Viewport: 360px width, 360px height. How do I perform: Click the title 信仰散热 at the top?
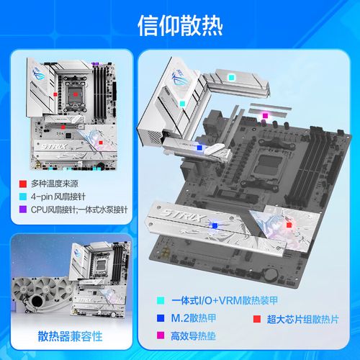click(x=180, y=25)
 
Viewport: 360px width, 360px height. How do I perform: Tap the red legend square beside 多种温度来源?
click(x=23, y=184)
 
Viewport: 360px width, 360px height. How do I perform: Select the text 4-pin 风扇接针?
click(x=58, y=197)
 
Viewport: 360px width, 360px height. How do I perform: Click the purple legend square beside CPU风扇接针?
click(x=23, y=209)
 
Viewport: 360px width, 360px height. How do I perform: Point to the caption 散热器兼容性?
click(x=70, y=336)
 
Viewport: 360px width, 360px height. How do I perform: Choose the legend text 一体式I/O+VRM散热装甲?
click(x=225, y=300)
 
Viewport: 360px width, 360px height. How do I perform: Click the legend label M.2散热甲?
click(x=194, y=318)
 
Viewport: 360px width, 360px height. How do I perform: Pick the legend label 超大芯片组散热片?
click(x=303, y=320)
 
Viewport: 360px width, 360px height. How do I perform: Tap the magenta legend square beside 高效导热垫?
click(x=161, y=336)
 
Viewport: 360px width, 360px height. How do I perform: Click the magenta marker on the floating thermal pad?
click(x=265, y=116)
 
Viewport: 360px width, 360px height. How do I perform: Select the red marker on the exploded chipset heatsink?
click(x=289, y=225)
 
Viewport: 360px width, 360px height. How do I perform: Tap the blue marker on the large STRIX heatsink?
click(x=215, y=225)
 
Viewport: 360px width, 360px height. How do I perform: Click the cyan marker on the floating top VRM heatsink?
click(x=231, y=77)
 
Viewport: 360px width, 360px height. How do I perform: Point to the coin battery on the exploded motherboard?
click(x=271, y=273)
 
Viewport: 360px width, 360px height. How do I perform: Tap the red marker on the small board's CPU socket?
click(x=76, y=94)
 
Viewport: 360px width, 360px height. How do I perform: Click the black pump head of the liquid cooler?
click(x=37, y=301)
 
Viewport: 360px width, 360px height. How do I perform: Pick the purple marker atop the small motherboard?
click(x=95, y=64)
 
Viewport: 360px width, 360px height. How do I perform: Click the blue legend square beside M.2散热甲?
click(x=161, y=318)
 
